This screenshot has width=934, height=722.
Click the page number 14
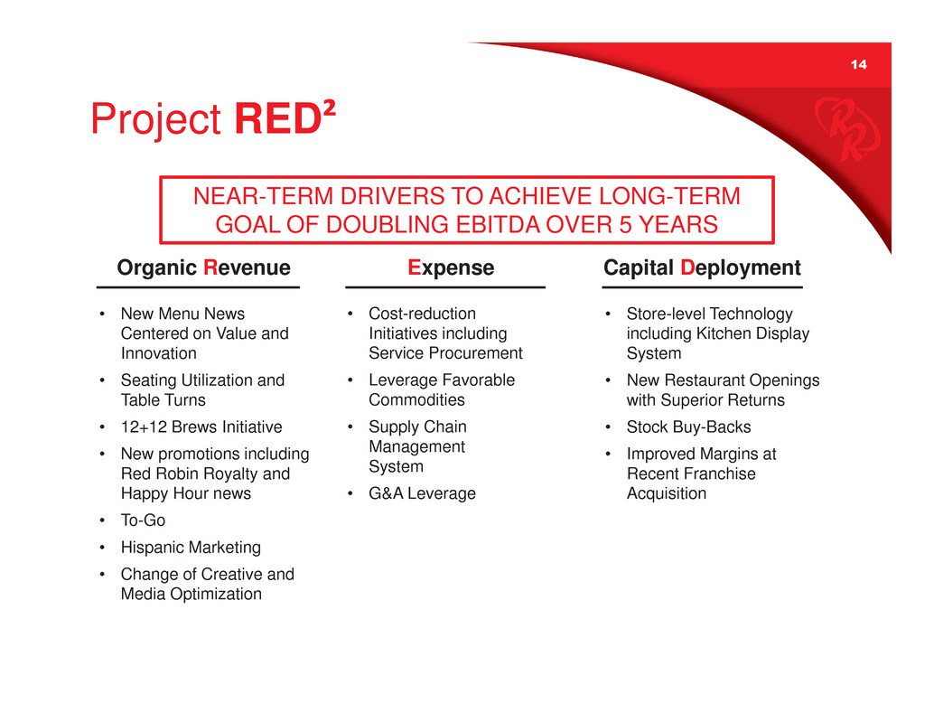click(858, 64)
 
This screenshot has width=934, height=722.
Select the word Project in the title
click(156, 118)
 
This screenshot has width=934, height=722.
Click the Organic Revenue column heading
click(204, 267)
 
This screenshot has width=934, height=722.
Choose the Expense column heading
click(451, 267)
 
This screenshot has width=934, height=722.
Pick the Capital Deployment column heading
click(702, 267)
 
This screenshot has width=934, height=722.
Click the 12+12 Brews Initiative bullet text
click(201, 427)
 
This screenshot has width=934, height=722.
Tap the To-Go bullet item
click(143, 520)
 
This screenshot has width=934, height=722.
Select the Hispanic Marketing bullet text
click(191, 547)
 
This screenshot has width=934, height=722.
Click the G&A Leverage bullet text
click(423, 493)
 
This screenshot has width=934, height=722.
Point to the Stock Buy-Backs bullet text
click(688, 427)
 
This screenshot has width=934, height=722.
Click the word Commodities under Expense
click(417, 399)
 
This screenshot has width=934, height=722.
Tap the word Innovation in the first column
click(158, 353)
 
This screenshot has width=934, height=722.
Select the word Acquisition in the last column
click(667, 493)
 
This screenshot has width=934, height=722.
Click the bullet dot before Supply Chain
click(350, 427)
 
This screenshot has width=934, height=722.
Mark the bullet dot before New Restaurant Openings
click(608, 380)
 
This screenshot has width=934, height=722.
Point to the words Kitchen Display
click(753, 333)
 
